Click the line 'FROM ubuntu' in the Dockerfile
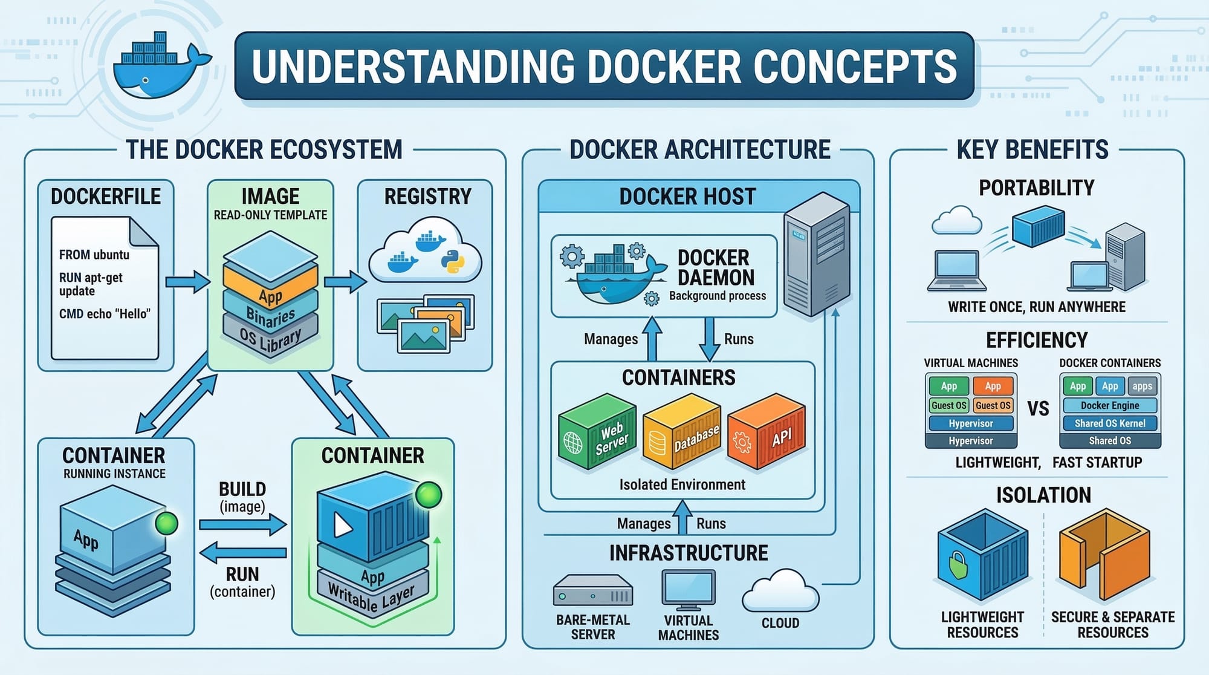pyautogui.click(x=94, y=255)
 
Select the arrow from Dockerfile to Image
pyautogui.click(x=187, y=282)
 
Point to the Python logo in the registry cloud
pyautogui.click(x=453, y=261)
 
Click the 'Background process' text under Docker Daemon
pyautogui.click(x=717, y=296)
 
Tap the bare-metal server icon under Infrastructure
pyautogui.click(x=592, y=591)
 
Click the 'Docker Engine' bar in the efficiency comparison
pyautogui.click(x=1110, y=405)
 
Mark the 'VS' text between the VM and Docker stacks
pyautogui.click(x=1038, y=409)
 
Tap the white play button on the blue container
pyautogui.click(x=342, y=525)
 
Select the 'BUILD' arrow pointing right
pyautogui.click(x=242, y=524)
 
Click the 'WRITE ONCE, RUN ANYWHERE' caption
pyautogui.click(x=1036, y=307)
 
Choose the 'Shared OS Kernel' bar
pyautogui.click(x=1110, y=423)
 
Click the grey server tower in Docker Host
pyautogui.click(x=816, y=254)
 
